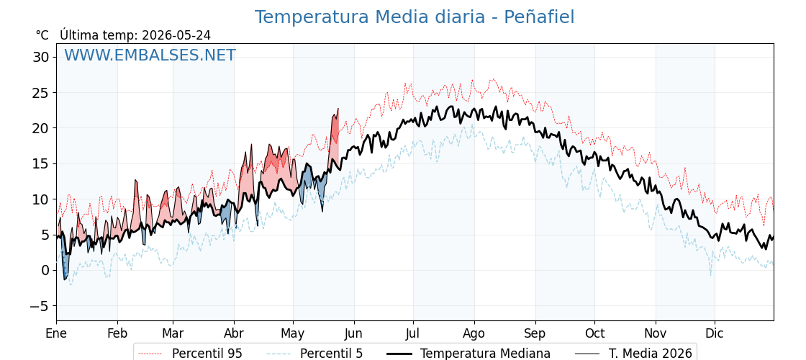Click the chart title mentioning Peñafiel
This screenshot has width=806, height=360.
point(415,17)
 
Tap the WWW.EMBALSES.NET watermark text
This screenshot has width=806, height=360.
point(150,55)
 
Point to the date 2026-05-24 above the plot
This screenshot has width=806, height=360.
point(176,35)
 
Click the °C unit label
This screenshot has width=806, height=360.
point(42,35)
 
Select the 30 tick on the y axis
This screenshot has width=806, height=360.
point(40,57)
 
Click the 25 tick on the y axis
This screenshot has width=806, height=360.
point(40,93)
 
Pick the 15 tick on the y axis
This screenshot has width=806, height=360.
point(40,163)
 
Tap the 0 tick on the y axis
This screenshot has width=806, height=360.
point(45,270)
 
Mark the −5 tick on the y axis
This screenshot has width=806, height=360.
point(38,305)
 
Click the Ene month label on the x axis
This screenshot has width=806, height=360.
point(56,333)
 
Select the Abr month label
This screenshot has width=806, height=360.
point(234,333)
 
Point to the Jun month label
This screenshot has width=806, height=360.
point(353,333)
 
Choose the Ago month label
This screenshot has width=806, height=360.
point(474,333)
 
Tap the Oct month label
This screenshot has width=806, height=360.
point(594,333)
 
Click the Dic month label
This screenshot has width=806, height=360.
point(714,333)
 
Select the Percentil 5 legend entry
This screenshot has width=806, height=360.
point(314,354)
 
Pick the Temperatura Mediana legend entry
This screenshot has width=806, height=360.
point(467,354)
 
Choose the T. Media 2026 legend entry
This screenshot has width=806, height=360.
point(633,354)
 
